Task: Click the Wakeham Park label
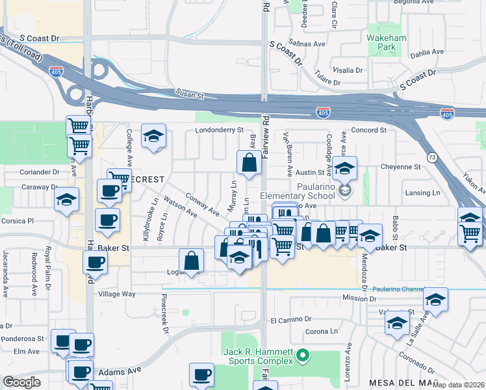387,43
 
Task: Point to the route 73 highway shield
431,157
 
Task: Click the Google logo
22,382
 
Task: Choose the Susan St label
192,95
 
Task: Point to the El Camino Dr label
291,320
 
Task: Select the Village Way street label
116,294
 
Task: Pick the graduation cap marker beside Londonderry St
154,136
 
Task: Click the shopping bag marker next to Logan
192,261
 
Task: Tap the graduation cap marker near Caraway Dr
66,200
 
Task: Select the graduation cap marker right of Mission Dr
435,300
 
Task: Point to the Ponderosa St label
22,339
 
